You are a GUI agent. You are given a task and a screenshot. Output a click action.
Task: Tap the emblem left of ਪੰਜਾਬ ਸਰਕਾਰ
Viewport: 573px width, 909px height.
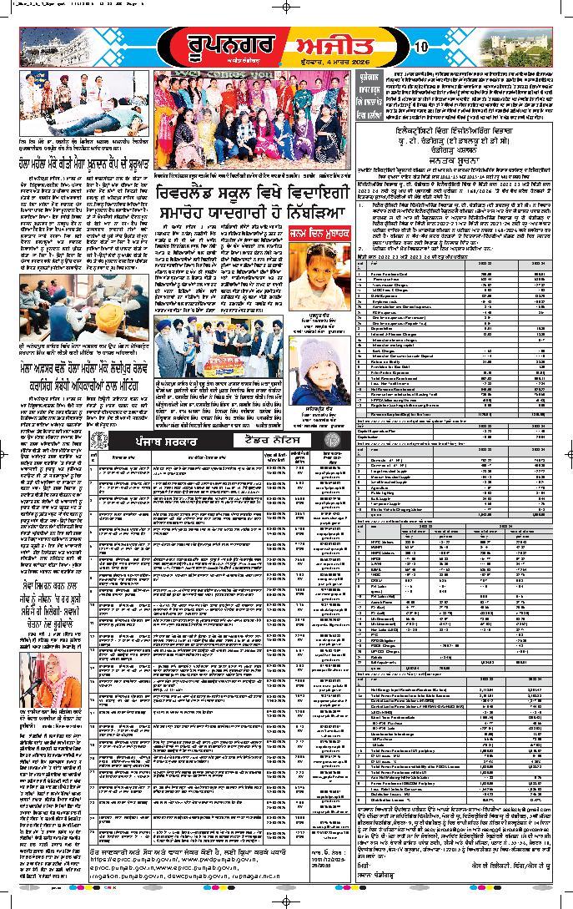coord(100,440)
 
